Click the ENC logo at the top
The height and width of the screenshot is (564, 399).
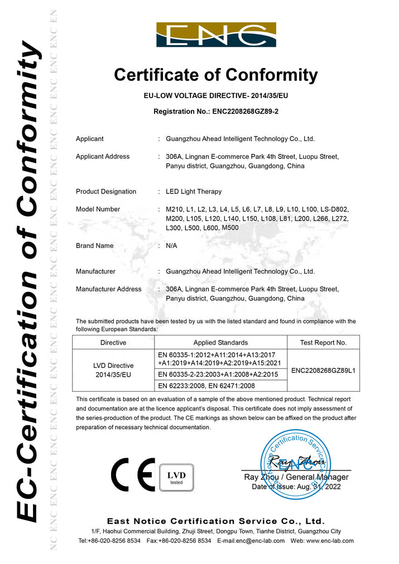tap(216, 35)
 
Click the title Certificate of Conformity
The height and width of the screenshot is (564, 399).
tap(216, 75)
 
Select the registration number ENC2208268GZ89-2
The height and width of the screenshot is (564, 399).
tap(245, 111)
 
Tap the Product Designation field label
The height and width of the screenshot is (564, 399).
tap(106, 192)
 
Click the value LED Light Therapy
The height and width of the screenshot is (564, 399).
tap(194, 192)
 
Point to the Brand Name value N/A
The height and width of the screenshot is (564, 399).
tap(171, 246)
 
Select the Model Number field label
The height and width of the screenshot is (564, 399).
tap(98, 210)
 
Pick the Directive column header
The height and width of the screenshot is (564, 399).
tap(113, 343)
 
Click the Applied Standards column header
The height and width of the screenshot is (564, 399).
tap(220, 343)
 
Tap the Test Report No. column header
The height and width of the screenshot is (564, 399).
tap(323, 343)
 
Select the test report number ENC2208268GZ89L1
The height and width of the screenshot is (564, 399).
tap(323, 370)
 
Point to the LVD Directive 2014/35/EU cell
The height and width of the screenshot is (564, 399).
tap(113, 370)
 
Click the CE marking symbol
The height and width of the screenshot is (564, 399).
tap(133, 474)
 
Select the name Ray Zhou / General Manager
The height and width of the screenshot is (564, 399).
tap(296, 477)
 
